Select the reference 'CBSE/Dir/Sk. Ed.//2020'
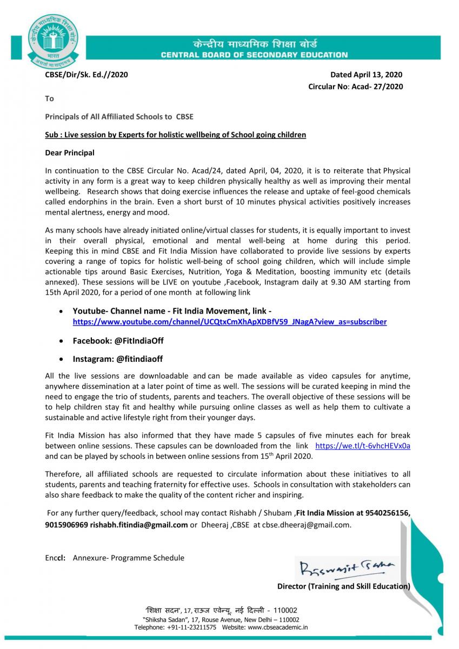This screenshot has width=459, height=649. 87,75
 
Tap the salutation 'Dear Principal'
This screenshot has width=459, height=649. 69,153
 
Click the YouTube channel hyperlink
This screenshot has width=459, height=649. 230,322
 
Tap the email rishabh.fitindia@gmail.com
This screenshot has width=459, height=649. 139,525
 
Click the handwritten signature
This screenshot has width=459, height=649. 347,568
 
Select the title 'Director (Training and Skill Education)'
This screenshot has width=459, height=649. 343,586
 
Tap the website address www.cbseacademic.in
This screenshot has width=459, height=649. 278,627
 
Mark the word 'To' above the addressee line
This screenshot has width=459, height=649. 49,98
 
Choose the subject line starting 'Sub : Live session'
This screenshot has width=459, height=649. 175,135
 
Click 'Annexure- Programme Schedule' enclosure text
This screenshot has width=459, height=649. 128,558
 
